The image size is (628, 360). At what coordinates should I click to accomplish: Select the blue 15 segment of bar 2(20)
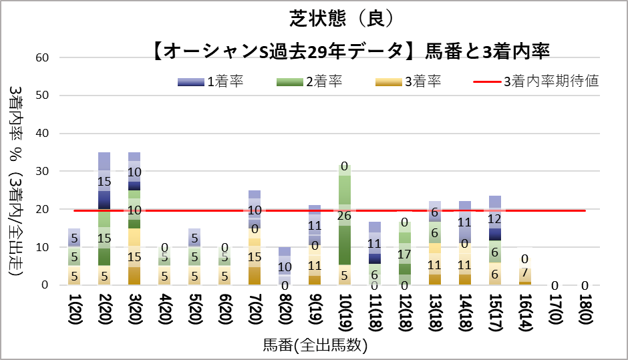(104, 181)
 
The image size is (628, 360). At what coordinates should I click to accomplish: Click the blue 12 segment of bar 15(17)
(495, 218)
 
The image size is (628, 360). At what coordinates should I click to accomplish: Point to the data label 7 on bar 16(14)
(526, 273)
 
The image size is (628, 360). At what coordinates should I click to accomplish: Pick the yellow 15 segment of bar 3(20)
(134, 256)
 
